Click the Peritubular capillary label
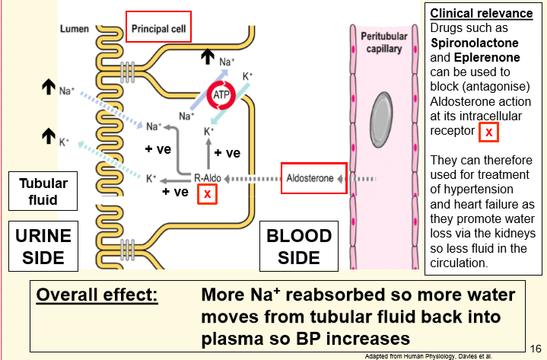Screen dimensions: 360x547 (383, 42)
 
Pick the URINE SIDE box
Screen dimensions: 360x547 (43, 245)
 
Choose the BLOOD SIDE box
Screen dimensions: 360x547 (298, 245)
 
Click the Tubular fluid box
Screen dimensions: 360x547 (43, 192)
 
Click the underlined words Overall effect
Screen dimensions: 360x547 (97, 295)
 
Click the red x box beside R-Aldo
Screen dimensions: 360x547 (206, 194)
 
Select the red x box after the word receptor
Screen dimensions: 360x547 (488, 132)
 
